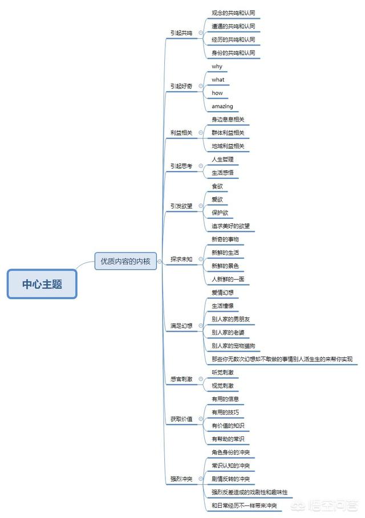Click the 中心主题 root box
(42, 284)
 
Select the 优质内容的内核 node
(125, 262)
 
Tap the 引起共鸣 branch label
(181, 32)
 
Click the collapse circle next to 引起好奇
(201, 86)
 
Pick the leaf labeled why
(217, 67)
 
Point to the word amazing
(222, 106)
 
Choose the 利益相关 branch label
(181, 133)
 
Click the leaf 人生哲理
(222, 159)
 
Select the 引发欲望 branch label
(181, 206)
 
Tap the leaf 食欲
(217, 186)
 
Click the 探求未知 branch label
(181, 259)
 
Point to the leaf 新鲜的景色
(225, 266)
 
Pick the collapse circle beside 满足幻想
(201, 326)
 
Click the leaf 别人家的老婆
(228, 332)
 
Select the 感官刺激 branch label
(181, 379)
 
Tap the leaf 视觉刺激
(222, 386)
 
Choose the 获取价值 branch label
(181, 419)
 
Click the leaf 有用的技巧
(225, 412)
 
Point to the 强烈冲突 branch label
(181, 479)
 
